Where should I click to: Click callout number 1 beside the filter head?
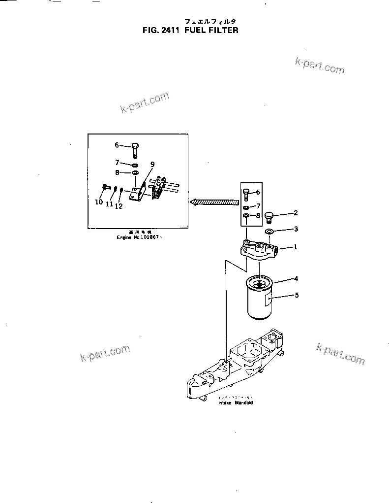click(296, 248)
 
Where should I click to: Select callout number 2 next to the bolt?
click(296, 213)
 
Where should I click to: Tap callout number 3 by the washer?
click(296, 229)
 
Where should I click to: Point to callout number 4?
click(296, 279)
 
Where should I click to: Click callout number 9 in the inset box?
click(152, 165)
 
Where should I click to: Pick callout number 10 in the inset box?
click(98, 202)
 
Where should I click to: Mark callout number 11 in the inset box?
click(109, 203)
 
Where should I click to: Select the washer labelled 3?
click(269, 231)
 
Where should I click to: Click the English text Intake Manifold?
click(236, 402)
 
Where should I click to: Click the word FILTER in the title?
click(223, 30)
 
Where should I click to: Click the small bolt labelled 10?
click(104, 187)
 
